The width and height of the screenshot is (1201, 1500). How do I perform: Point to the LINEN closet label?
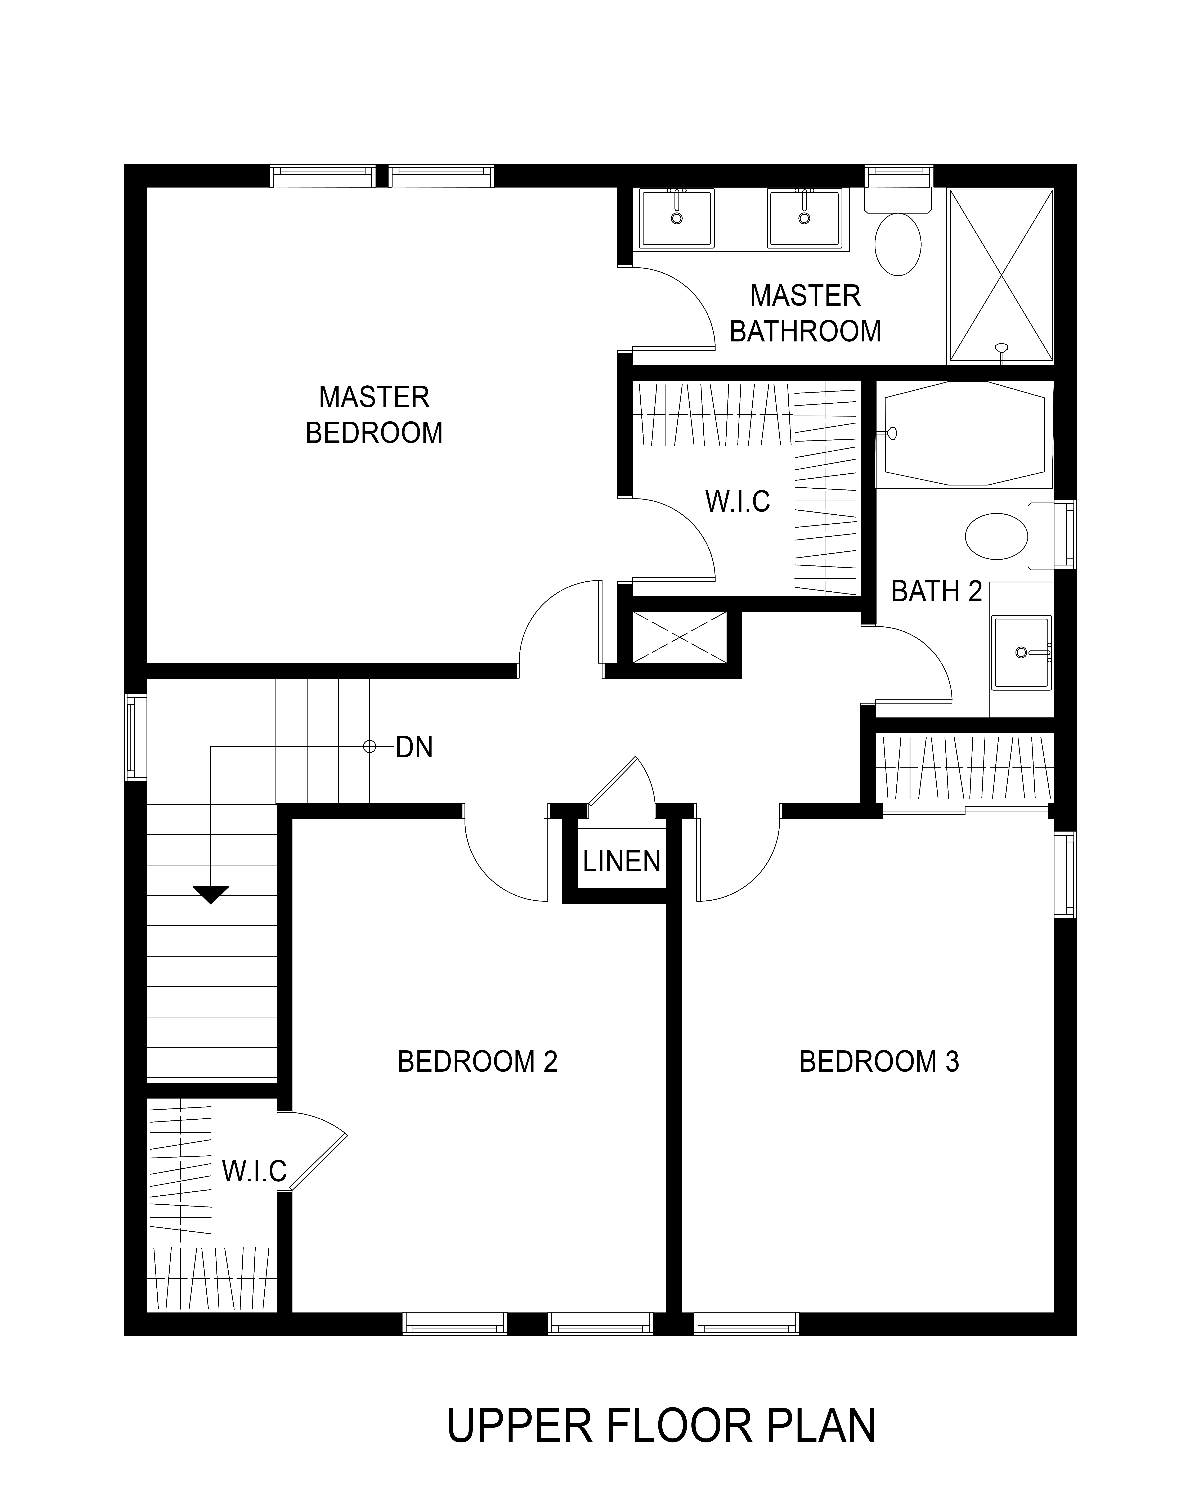(x=621, y=862)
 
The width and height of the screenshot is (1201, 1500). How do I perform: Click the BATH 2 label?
(x=937, y=591)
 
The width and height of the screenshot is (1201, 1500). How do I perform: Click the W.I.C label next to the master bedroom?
(x=738, y=502)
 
